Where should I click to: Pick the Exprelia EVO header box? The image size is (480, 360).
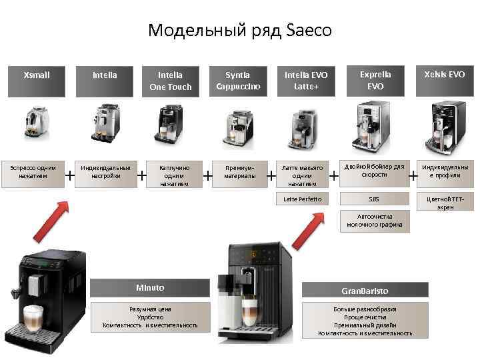coord(375,81)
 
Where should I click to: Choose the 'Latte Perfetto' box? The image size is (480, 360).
coord(302,199)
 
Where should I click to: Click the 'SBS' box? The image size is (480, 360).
coord(373,199)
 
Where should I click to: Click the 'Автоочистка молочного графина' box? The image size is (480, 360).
coord(374,221)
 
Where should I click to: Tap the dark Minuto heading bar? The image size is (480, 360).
coord(149,287)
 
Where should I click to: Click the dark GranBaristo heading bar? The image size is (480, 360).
coord(365,291)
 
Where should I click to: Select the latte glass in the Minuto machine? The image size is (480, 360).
coord(33,317)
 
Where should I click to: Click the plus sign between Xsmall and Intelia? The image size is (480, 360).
coord(69,175)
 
